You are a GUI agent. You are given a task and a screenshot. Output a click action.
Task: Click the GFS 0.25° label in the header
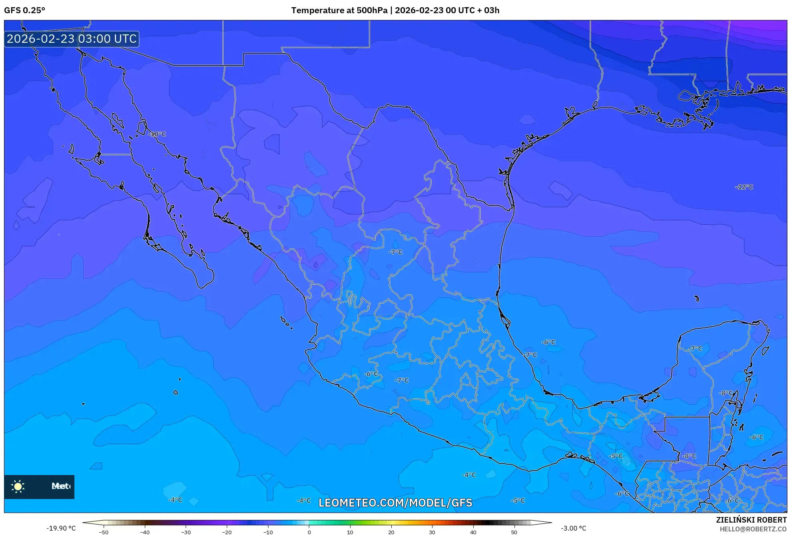pos(24,10)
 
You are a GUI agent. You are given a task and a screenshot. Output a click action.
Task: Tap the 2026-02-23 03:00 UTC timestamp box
pos(72,39)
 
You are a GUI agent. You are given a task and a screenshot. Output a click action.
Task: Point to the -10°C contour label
pos(157,134)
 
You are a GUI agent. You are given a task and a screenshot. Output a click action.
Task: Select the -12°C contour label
pos(744,187)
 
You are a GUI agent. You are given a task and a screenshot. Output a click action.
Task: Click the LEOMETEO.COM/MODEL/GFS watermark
pos(395,503)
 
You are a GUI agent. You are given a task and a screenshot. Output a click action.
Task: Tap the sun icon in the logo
pos(18,486)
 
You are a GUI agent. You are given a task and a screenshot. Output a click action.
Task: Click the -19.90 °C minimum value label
pos(61,528)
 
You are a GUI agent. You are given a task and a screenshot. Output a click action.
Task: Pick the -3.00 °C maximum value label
pos(573,528)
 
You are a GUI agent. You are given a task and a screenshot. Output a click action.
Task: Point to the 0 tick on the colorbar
pos(309,532)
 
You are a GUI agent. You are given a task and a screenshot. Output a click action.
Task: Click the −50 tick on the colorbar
pos(104,532)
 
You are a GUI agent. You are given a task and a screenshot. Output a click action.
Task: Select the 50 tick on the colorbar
pos(514,532)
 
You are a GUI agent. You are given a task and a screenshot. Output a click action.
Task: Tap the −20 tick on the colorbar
pos(227,532)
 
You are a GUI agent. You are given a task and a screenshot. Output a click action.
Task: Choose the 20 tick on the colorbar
pos(391,532)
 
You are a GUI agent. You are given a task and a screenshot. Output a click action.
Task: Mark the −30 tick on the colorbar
pos(186,532)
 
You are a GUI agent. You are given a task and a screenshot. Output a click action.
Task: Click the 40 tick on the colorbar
pos(473,532)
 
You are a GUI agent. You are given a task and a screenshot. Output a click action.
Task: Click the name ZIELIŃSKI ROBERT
pos(751,520)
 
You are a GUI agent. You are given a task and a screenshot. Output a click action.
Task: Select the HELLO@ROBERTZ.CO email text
pos(753,529)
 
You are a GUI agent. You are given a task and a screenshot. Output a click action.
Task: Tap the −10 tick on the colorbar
pos(268,532)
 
